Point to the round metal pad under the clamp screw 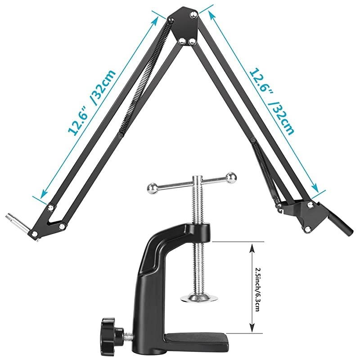198,297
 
